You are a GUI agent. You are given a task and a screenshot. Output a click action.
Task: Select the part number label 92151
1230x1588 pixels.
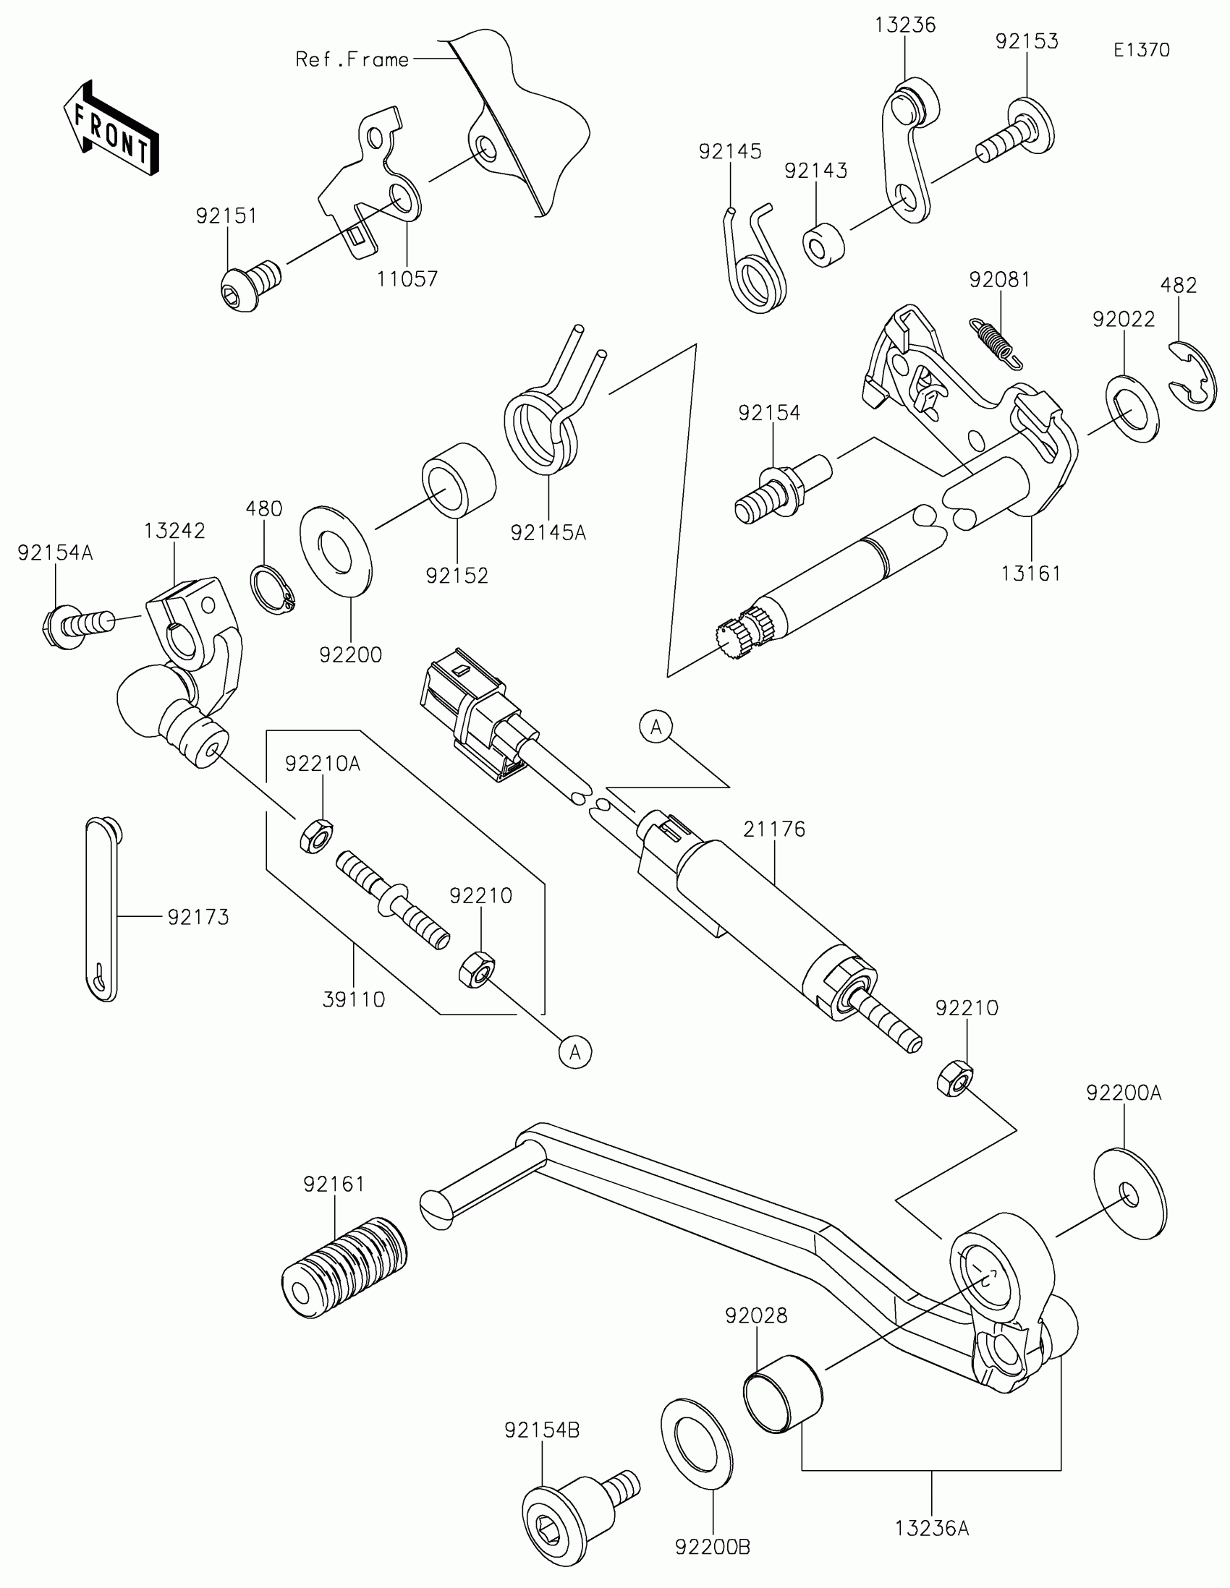226,216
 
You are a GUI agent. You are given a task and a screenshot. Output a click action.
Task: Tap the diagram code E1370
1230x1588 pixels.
1141,50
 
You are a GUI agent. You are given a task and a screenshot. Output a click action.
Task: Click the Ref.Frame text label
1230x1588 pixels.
352,59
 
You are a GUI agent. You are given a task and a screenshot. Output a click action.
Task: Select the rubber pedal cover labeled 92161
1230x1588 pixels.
344,1267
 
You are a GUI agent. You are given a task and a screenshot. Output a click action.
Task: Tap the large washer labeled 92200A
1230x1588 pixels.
1129,1193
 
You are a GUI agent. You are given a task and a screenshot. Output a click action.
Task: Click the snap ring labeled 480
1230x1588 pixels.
273,589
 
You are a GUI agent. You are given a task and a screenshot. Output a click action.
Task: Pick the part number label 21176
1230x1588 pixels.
774,829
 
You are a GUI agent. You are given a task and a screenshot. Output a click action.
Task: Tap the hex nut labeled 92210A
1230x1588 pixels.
315,835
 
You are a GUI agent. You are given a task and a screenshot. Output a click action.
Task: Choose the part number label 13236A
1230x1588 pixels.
932,1529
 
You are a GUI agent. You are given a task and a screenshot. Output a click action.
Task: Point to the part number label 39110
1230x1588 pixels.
354,999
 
